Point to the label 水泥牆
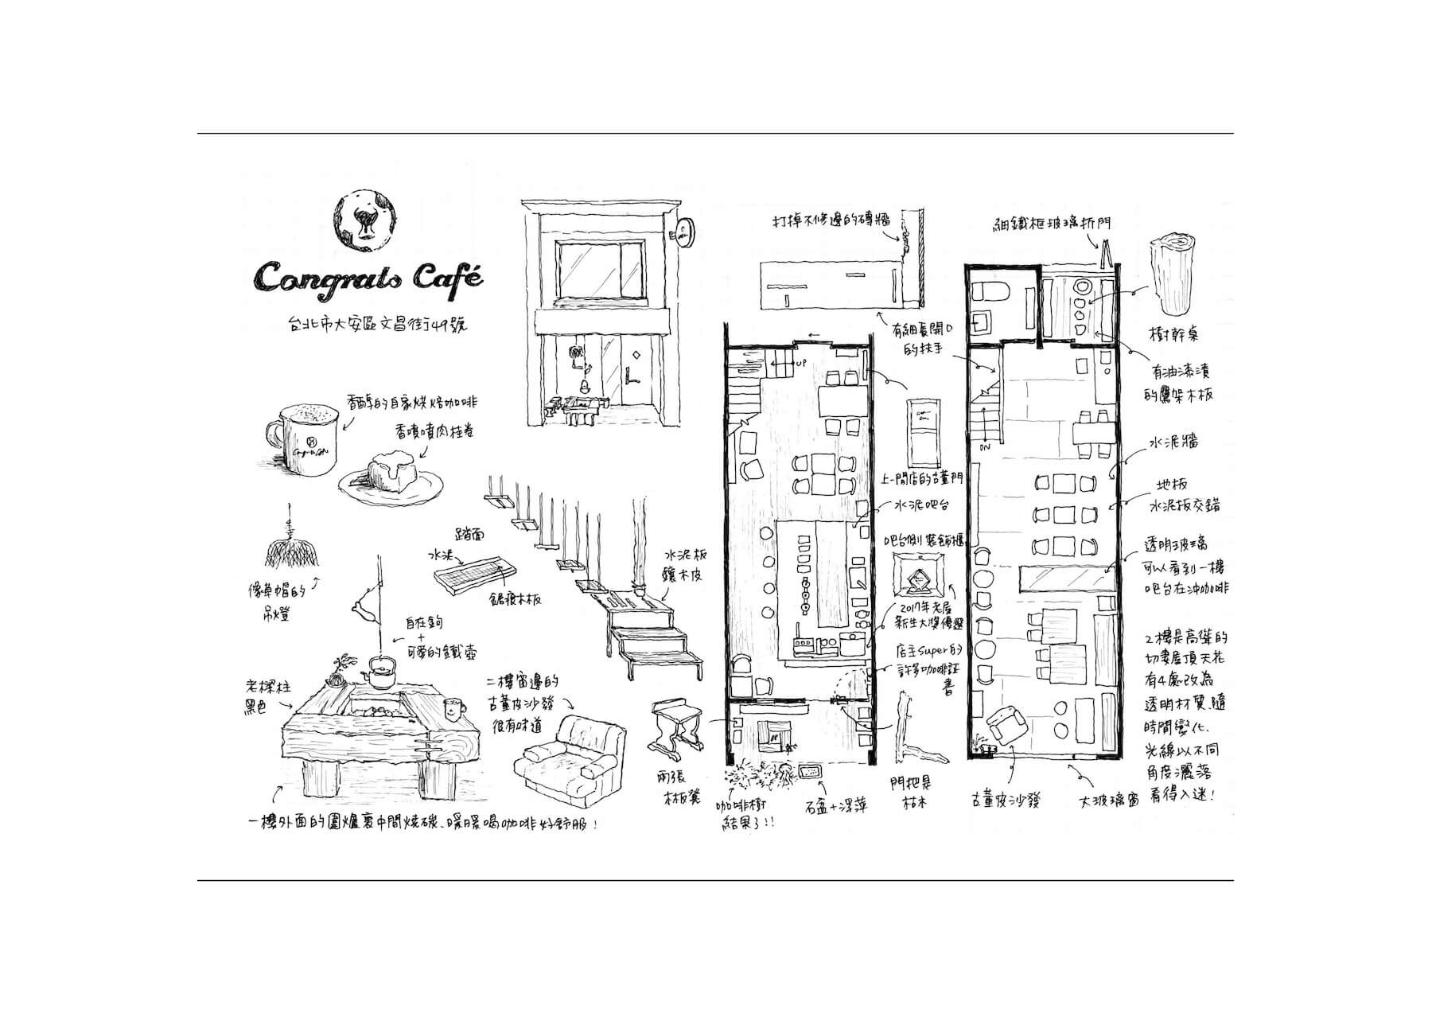pyautogui.click(x=1173, y=442)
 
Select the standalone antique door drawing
pyautogui.click(x=924, y=434)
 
